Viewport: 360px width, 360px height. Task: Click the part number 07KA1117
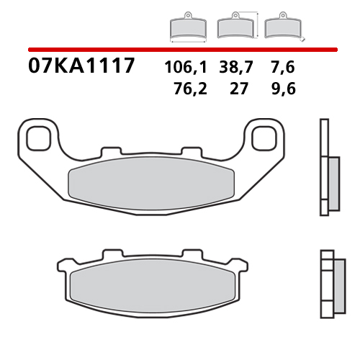click(81, 67)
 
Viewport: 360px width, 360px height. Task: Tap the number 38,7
click(238, 68)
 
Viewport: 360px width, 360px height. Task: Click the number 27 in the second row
click(238, 89)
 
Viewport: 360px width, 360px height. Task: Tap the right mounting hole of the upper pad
click(268, 135)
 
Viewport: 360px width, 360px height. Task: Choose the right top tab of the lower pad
click(192, 254)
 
